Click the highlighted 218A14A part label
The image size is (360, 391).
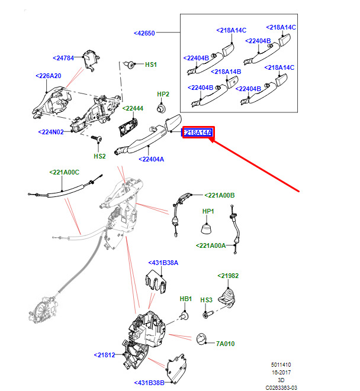coord(198,133)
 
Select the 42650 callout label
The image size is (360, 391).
coord(144,33)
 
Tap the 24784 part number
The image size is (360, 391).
coord(63,58)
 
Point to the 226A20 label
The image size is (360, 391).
coord(49,76)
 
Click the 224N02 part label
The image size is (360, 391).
coord(51,132)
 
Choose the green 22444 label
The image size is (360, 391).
coord(133,108)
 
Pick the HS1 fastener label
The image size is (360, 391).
coord(151,64)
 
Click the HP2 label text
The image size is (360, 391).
coord(163,94)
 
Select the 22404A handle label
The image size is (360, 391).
coord(152,159)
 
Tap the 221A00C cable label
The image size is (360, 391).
coord(65,172)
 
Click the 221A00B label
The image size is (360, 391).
coord(220,195)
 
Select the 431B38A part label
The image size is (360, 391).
coord(163,263)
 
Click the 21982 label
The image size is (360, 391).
coord(228,276)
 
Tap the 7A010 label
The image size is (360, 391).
coord(225,344)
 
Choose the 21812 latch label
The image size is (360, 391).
coord(104,355)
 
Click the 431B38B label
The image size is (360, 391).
coord(149,383)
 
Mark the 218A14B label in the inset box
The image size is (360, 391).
coord(226,72)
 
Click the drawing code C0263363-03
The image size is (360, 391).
coord(281,388)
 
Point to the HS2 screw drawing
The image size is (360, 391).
coord(97,138)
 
